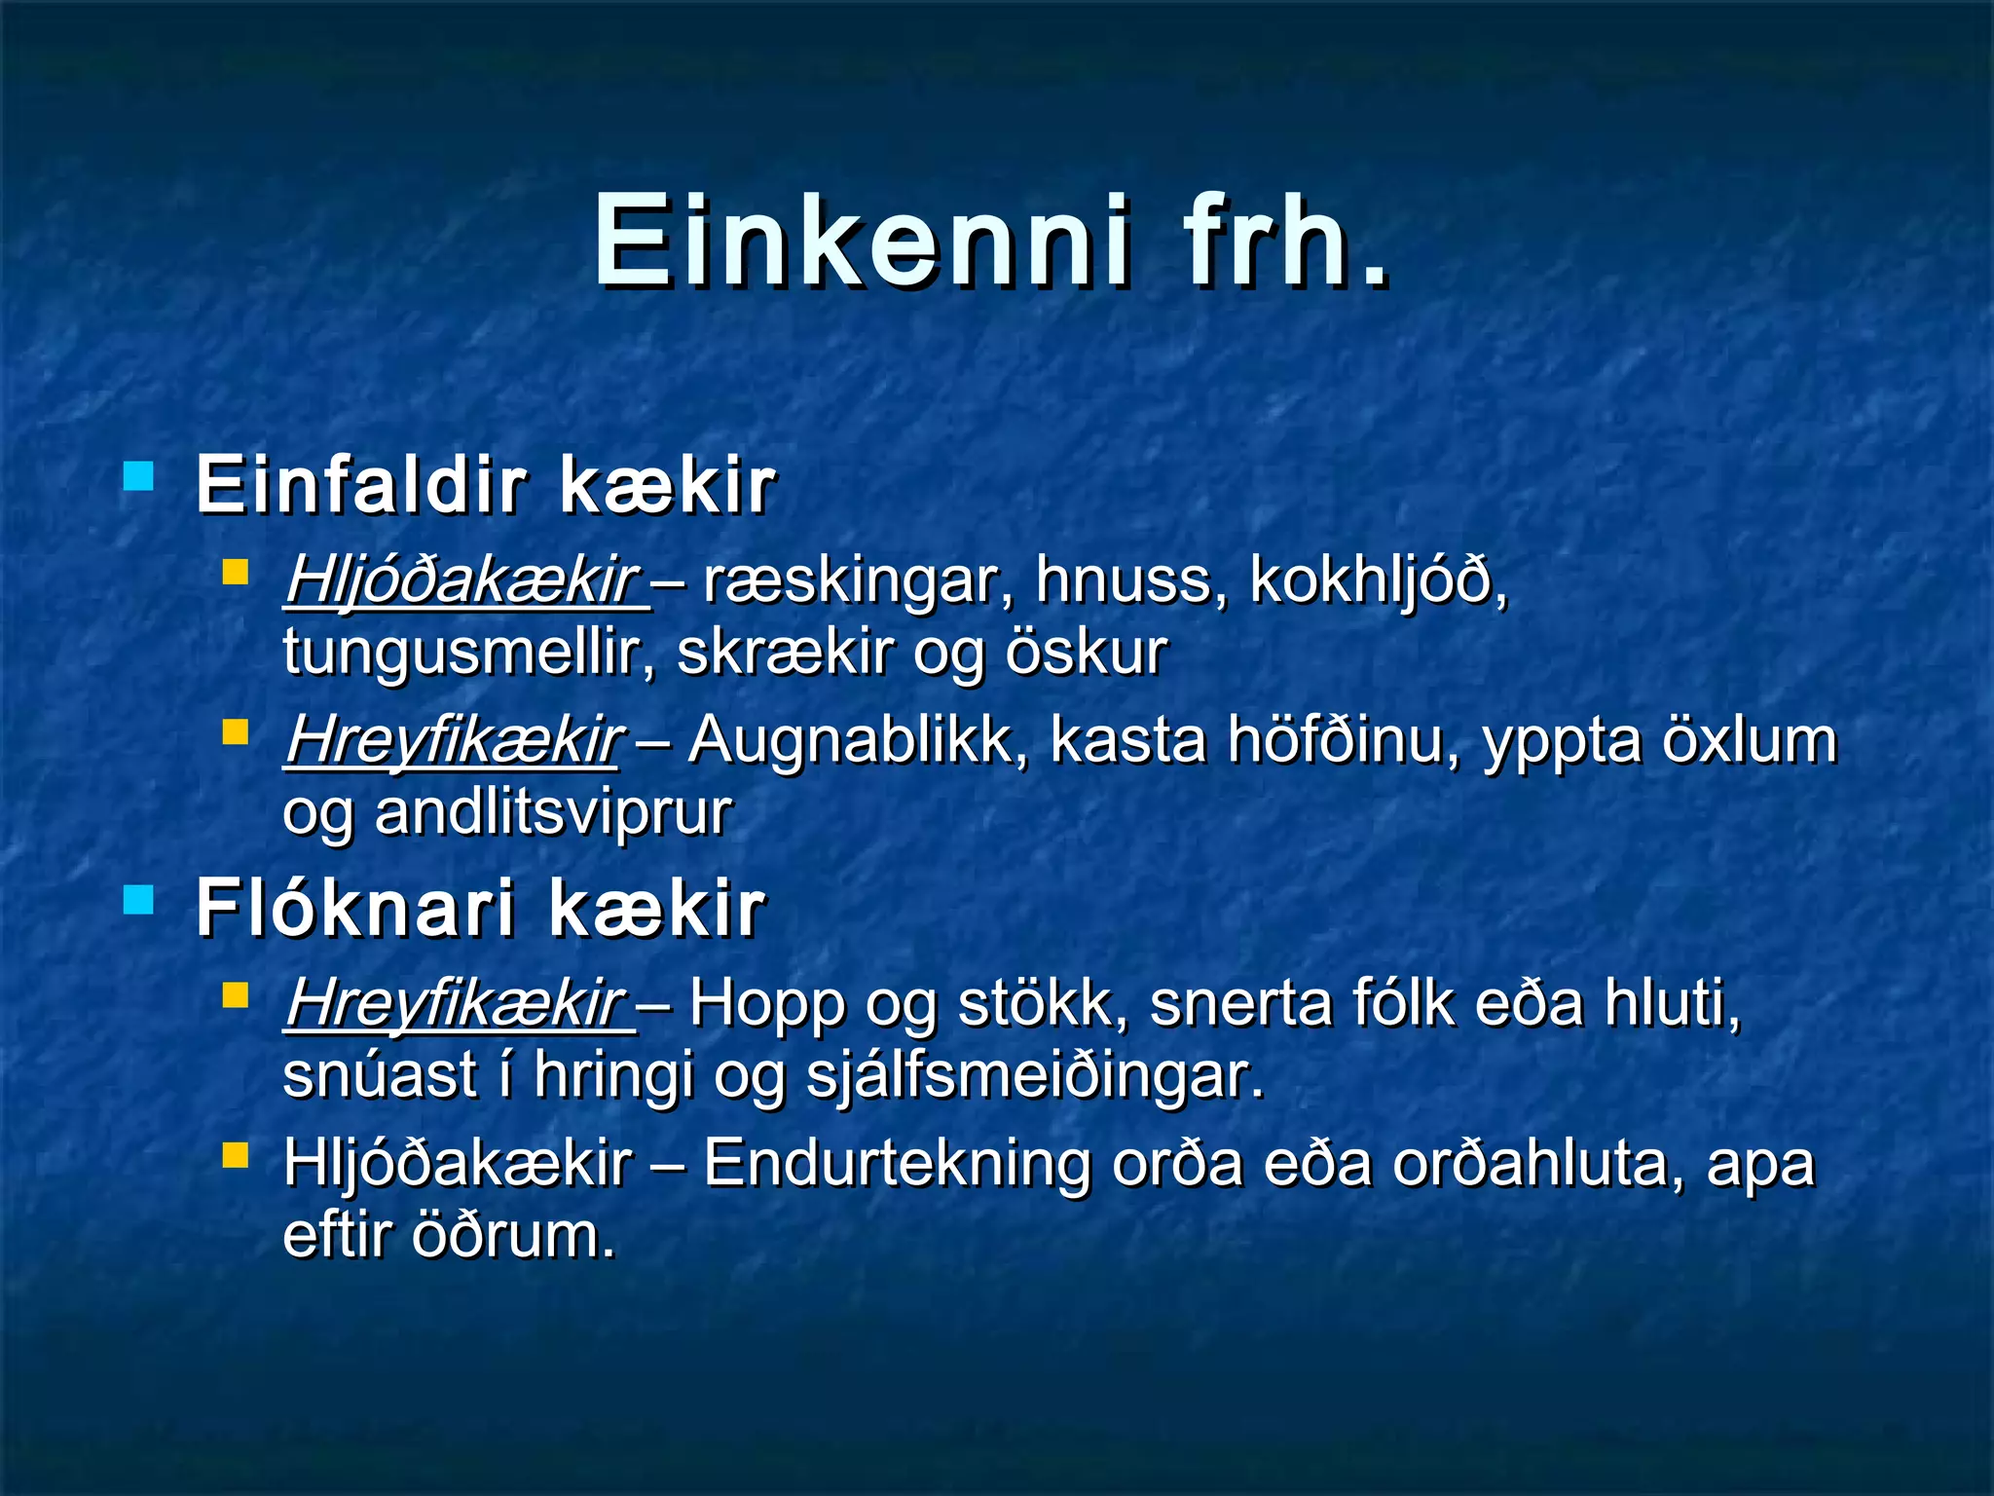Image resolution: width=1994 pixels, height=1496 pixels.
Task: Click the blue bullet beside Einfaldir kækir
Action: pos(139,477)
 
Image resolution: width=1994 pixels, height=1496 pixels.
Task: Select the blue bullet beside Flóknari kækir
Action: pos(139,901)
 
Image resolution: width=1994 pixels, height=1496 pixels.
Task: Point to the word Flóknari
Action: pos(355,908)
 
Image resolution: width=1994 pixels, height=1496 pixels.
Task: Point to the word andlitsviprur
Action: pos(552,813)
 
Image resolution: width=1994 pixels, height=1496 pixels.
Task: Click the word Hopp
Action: pos(766,1004)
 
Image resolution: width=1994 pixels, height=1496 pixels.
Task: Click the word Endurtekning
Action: pos(895,1164)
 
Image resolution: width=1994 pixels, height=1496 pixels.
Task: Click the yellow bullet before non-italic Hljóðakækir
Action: pos(235,1155)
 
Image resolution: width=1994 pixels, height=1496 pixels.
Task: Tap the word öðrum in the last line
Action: pos(513,1236)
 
